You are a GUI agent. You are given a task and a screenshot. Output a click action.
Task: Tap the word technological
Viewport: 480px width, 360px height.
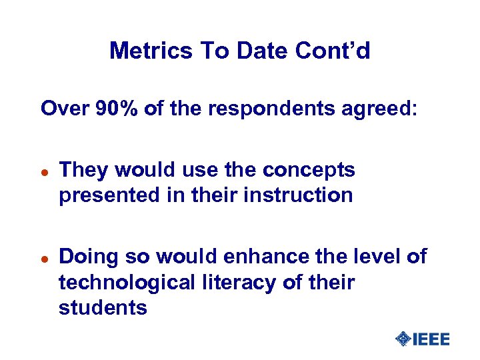click(125, 282)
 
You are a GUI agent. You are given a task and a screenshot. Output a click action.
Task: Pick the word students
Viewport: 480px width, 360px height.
click(103, 307)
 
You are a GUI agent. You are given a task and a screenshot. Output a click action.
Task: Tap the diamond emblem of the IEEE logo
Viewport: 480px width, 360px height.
click(403, 339)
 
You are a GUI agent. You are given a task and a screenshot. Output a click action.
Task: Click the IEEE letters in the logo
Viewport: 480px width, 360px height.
click(431, 339)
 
